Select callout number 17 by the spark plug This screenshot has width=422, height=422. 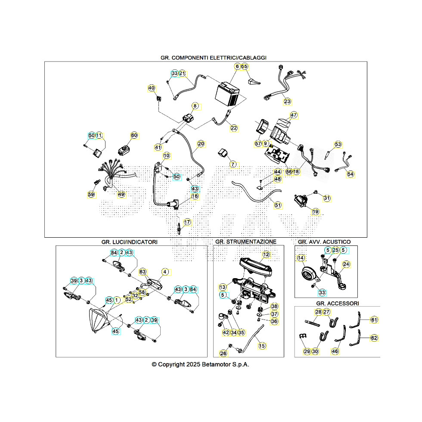click(x=187, y=222)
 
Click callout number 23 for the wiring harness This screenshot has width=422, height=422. click(x=287, y=102)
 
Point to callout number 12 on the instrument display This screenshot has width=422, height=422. click(x=266, y=254)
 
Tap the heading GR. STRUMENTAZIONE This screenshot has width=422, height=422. click(x=245, y=242)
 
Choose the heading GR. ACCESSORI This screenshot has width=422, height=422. click(x=337, y=303)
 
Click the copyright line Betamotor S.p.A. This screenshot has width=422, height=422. click(x=200, y=364)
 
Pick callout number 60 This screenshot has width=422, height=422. click(x=134, y=136)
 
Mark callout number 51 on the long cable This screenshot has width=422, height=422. click(x=278, y=205)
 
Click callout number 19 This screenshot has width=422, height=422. click(x=316, y=211)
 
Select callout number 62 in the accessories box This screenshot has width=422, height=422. click(x=374, y=338)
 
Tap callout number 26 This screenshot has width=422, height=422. click(x=223, y=353)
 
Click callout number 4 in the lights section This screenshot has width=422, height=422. click(x=165, y=272)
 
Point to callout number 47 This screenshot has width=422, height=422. click(x=294, y=115)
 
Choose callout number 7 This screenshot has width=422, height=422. click(x=233, y=164)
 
